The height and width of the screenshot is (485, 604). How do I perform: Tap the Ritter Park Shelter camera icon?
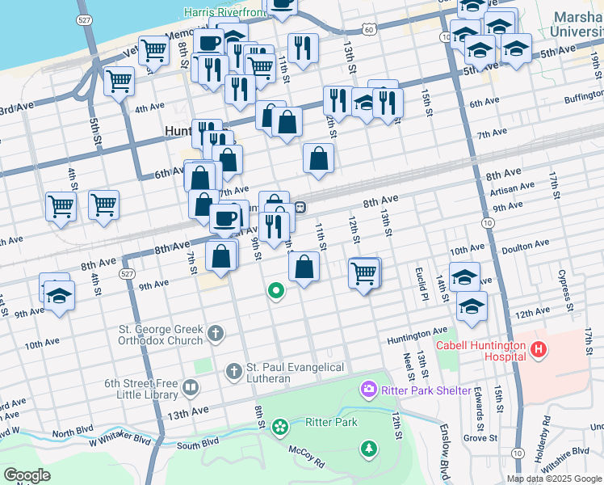[369, 390]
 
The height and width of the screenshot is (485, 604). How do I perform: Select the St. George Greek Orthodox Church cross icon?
[216, 332]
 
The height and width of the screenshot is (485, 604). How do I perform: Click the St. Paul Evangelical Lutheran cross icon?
[233, 372]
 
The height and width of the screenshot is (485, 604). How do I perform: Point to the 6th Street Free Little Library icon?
[190, 388]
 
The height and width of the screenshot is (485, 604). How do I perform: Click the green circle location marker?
[275, 290]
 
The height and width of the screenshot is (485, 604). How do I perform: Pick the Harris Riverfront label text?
[224, 12]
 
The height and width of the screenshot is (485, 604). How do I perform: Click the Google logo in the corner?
[27, 475]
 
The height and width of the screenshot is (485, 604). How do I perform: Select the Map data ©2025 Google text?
[553, 479]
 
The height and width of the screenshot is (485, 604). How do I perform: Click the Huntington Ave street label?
[417, 331]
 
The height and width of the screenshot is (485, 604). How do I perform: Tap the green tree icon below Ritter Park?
[369, 447]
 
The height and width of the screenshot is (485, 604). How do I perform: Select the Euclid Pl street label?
[421, 282]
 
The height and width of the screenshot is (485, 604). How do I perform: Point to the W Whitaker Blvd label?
[120, 441]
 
